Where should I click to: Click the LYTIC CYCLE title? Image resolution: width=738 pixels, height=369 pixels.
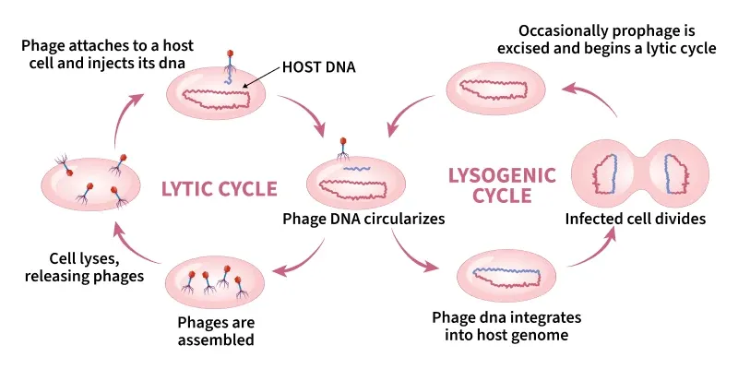pyautogui.click(x=219, y=189)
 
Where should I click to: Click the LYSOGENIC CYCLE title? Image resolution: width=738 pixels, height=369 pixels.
pyautogui.click(x=502, y=184)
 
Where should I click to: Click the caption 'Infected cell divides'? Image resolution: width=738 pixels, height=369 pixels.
pyautogui.click(x=636, y=220)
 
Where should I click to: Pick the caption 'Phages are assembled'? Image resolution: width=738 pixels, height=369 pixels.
pyautogui.click(x=217, y=331)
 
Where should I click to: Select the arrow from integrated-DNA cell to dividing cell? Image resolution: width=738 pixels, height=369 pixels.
pyautogui.click(x=594, y=247)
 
